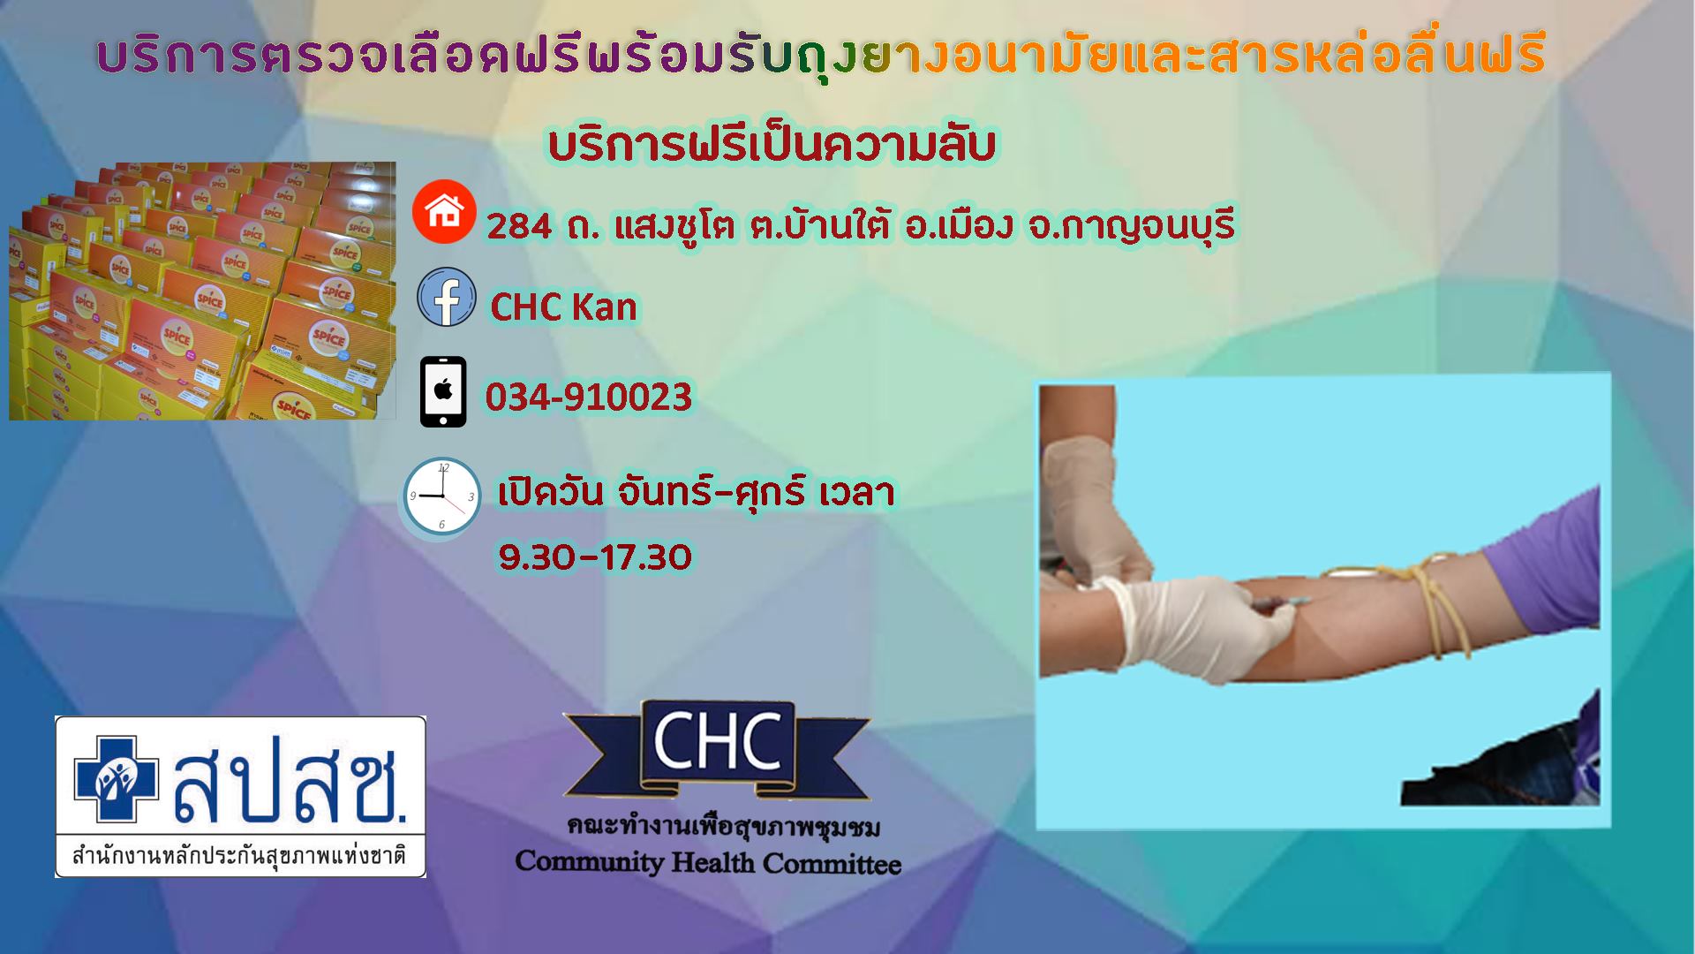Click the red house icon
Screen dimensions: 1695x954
[x=445, y=211]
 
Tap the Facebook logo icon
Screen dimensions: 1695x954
[x=446, y=297]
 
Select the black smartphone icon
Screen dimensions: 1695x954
[x=443, y=392]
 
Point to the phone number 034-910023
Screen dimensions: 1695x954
[x=588, y=397]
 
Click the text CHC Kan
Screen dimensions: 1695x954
[x=563, y=307]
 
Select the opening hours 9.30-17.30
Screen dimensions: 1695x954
[x=595, y=556]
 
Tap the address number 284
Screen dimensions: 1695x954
[x=519, y=227]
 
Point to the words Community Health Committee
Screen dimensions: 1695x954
[x=708, y=862]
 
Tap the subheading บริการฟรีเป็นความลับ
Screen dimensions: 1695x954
[x=772, y=147]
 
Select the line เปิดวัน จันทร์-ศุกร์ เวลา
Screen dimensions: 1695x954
[x=697, y=493]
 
